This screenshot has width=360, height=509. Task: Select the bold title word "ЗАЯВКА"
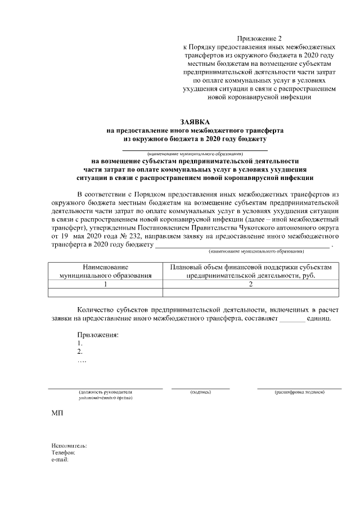pyautogui.click(x=195, y=121)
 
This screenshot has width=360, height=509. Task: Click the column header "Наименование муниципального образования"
pyautogui.click(x=106, y=271)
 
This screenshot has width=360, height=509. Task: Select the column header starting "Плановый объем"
pyautogui.click(x=251, y=271)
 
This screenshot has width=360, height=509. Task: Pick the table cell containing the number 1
pyautogui.click(x=106, y=284)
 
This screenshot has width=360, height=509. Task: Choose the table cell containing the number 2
pyautogui.click(x=251, y=284)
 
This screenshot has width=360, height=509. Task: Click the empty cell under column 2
pyautogui.click(x=251, y=292)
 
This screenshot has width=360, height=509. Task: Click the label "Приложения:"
pyautogui.click(x=98, y=335)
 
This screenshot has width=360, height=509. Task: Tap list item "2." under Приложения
pyautogui.click(x=80, y=352)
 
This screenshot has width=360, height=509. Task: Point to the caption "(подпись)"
pyautogui.click(x=200, y=391)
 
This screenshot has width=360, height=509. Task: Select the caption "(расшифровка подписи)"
pyautogui.click(x=299, y=391)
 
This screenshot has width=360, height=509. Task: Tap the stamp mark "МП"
pyautogui.click(x=57, y=413)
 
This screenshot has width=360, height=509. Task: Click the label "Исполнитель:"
pyautogui.click(x=69, y=445)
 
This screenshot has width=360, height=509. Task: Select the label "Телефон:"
pyautogui.click(x=63, y=452)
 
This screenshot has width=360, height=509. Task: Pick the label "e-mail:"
pyautogui.click(x=60, y=459)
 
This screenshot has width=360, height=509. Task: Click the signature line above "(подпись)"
pyautogui.click(x=200, y=388)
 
